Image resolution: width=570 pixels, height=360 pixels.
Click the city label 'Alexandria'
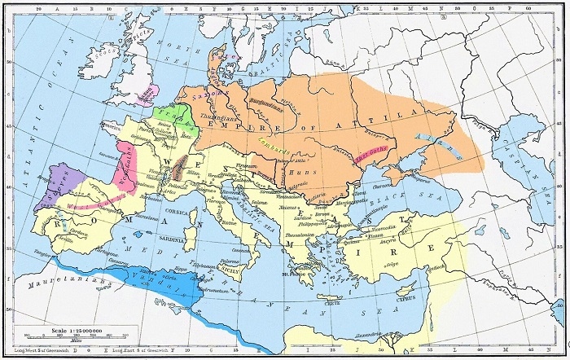tap(371, 345)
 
